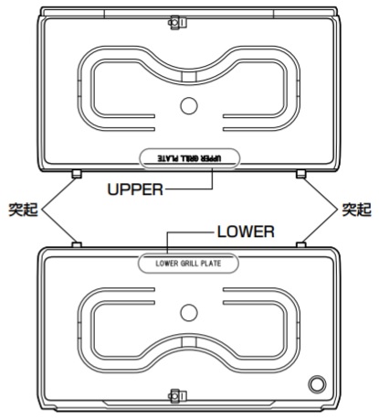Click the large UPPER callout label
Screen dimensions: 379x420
coord(135,189)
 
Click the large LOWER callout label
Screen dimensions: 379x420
coord(246,232)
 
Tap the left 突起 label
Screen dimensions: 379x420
coord(23,210)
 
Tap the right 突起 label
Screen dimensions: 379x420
coord(356,210)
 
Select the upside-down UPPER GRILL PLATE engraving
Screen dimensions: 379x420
coord(189,158)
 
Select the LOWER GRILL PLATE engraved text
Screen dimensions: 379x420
coord(188,264)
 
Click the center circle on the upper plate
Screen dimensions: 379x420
coord(189,105)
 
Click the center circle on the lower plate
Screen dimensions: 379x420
coord(189,313)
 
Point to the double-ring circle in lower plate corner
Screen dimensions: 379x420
coord(317,384)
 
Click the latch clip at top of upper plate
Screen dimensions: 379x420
coord(177,23)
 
